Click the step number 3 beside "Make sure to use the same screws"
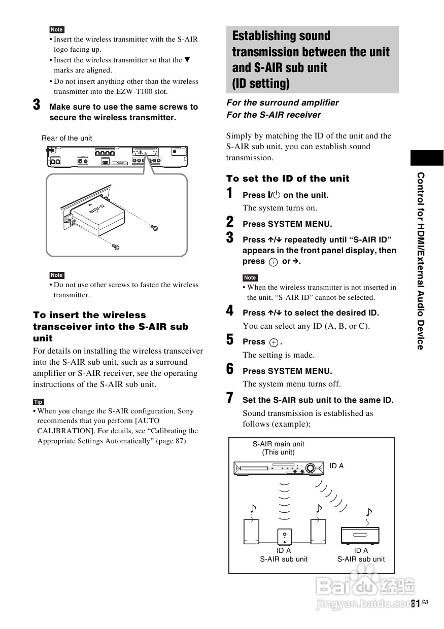point(37,106)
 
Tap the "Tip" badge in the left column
point(38,402)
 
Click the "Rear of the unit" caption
point(66,138)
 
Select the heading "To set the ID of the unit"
point(288,179)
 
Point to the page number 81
point(416,603)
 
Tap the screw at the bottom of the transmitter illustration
point(116,247)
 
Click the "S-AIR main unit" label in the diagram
point(279,444)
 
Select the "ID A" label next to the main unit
point(336,466)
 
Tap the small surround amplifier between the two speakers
point(284,537)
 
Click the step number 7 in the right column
point(230,399)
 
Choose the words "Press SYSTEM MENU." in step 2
point(287,224)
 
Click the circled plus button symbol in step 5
point(274,342)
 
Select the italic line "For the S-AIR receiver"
point(274,115)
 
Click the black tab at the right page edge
point(427,158)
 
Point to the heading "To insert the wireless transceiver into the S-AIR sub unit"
point(111,326)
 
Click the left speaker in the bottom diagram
point(252,532)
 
